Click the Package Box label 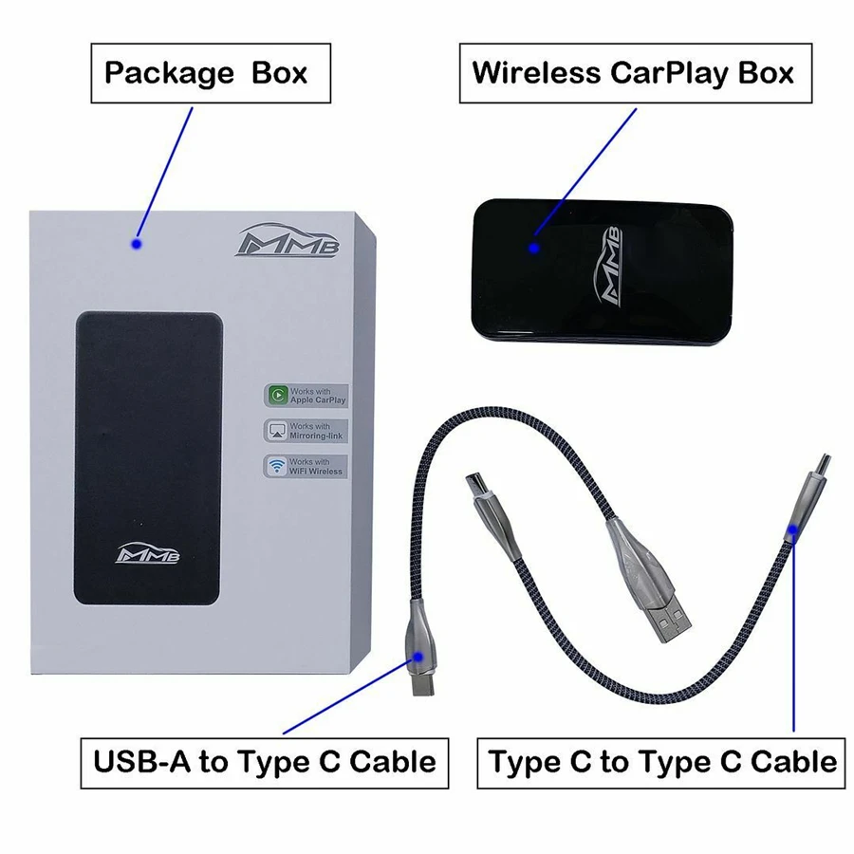click(206, 73)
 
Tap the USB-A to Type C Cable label click(264, 761)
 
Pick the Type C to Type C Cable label click(663, 761)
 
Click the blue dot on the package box click(137, 244)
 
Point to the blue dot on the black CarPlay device click(534, 248)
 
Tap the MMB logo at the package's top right click(293, 238)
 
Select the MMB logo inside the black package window click(149, 551)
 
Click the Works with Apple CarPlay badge click(306, 396)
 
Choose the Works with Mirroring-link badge click(306, 431)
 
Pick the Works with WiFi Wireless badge click(306, 466)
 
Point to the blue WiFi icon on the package click(276, 466)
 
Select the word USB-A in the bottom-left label click(139, 761)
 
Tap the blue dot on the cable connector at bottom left click(420, 654)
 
